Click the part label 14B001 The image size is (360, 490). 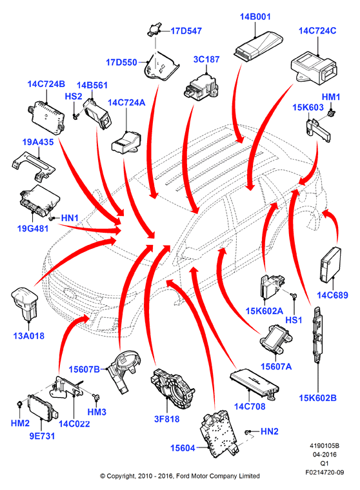coord(255,17)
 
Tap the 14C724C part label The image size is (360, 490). coord(317,31)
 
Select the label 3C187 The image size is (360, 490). coord(206,59)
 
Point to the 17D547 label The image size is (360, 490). coord(186,31)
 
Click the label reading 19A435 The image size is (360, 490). coord(38,142)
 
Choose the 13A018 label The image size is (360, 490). coord(29,336)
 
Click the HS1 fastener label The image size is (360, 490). coord(294,320)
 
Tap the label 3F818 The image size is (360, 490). coord(166,418)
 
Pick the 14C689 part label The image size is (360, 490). coord(332,295)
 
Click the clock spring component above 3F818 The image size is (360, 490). coord(172,388)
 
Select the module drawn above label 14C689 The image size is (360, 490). coord(330,264)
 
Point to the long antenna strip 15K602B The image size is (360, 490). coord(318,335)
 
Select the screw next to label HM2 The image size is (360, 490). coord(20,404)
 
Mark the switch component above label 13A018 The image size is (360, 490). coord(25,303)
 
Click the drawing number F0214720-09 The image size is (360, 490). coord(325,472)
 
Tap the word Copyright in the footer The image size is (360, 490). coord(121,476)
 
